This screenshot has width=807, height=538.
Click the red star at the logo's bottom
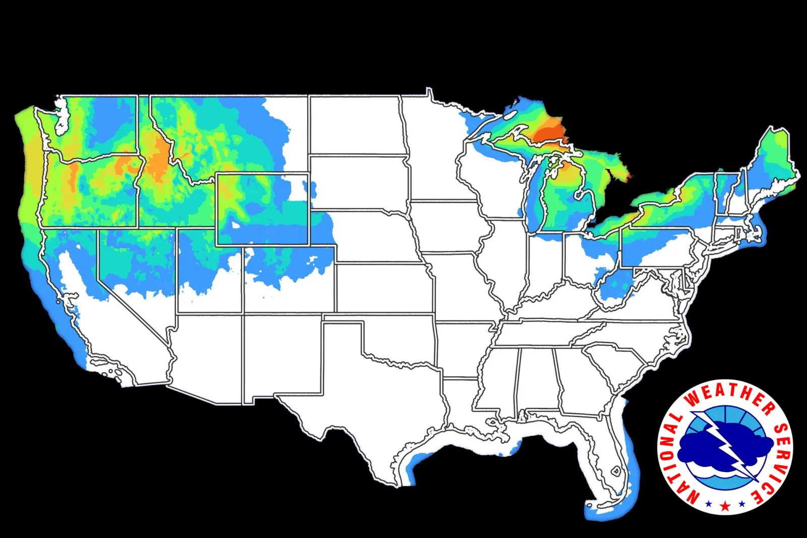tap(725, 505)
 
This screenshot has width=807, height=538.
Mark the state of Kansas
tap(383, 288)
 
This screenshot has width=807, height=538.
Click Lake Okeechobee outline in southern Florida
tap(616, 470)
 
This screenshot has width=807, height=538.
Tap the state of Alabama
tap(537, 379)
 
